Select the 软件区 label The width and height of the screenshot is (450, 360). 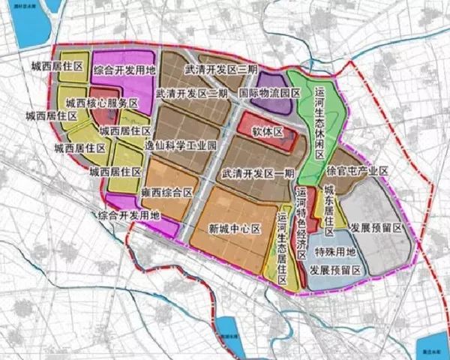tap(265, 131)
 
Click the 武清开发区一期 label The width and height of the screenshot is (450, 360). tap(258, 172)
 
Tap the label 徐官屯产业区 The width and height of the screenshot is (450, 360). tap(357, 172)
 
